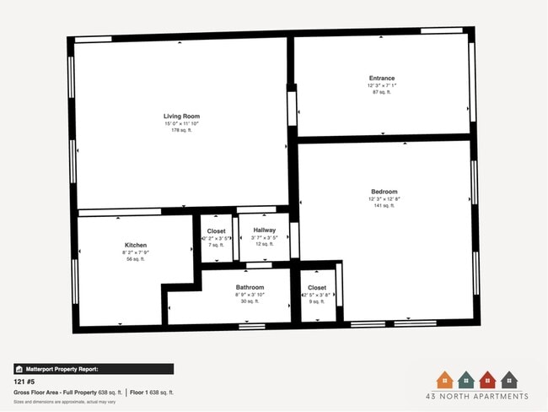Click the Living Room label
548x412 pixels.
[181, 116]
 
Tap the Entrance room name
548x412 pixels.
[382, 78]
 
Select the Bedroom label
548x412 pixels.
[384, 192]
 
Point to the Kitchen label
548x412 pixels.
[136, 245]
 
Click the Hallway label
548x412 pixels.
[264, 230]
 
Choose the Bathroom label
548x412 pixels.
[250, 287]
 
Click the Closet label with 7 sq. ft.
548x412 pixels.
[217, 230]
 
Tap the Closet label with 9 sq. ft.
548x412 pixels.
[317, 288]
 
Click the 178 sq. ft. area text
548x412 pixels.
[181, 130]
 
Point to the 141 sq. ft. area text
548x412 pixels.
[384, 205]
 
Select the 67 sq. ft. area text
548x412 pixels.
[382, 91]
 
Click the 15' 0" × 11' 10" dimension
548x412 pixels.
[181, 123]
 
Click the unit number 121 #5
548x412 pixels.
[23, 382]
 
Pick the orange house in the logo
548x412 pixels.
[444, 380]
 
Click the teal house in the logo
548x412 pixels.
[465, 380]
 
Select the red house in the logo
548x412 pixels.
[487, 380]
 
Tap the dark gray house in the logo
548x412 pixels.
[508, 380]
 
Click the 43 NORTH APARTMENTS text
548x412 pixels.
[476, 396]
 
